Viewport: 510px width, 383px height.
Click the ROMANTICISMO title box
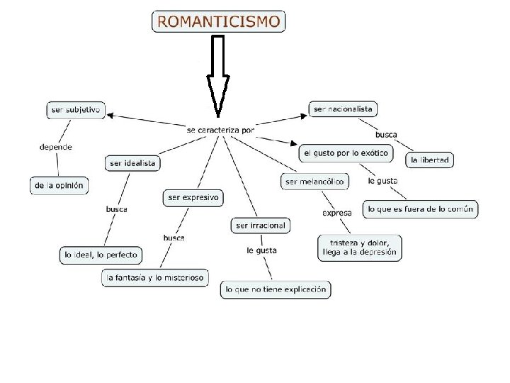pos(218,21)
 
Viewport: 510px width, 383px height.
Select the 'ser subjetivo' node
pos(75,110)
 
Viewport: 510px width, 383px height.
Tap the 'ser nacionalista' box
pos(343,109)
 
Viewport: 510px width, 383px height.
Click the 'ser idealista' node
pos(132,164)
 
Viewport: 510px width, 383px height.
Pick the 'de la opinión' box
pos(59,186)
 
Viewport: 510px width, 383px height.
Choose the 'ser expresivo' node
pos(193,197)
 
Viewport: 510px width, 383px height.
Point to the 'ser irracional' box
pos(261,226)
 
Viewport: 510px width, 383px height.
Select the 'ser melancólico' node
pos(314,182)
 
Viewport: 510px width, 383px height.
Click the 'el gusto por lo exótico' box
pos(346,153)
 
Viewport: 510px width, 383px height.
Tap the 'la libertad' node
pos(430,160)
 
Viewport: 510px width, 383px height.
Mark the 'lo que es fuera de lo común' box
pos(420,209)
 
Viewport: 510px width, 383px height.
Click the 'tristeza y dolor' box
pos(360,247)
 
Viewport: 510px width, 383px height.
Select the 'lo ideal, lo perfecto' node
pos(101,255)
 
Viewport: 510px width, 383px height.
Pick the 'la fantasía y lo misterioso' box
pos(154,278)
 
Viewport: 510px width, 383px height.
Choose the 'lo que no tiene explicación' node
pos(276,289)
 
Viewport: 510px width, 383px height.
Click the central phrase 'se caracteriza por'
pos(220,131)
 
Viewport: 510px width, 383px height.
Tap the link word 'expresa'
pos(337,213)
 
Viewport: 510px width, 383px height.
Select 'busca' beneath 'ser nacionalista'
pos(386,134)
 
